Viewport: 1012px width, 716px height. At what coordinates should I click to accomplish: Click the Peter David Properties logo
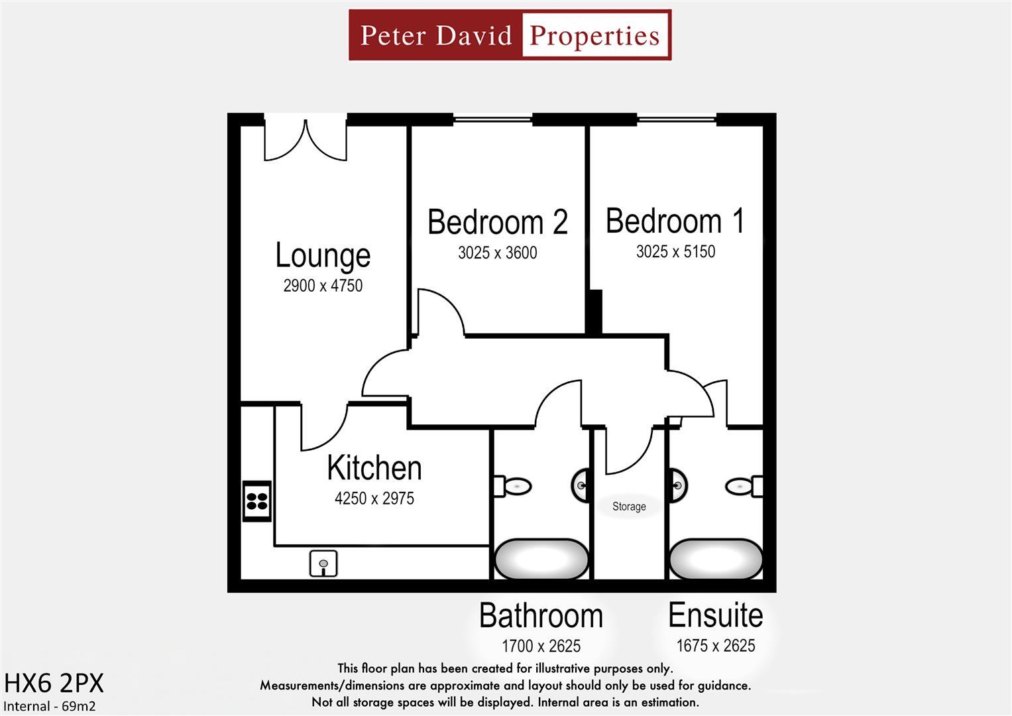pos(510,35)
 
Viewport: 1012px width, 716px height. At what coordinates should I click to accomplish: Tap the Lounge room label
pos(323,256)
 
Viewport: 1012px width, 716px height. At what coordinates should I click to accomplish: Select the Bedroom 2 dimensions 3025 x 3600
pos(497,253)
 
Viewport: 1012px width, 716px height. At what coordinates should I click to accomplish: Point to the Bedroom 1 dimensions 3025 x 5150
pos(675,251)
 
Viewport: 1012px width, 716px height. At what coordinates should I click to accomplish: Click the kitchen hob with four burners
pos(257,501)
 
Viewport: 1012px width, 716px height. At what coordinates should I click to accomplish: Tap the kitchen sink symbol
pos(323,564)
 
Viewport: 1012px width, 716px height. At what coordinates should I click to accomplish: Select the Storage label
pos(629,507)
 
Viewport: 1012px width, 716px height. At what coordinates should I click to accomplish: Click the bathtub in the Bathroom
pos(541,559)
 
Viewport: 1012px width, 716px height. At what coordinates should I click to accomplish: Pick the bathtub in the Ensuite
pos(716,559)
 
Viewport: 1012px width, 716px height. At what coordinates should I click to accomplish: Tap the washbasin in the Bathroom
pos(581,485)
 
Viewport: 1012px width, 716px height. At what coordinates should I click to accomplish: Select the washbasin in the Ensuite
pos(677,485)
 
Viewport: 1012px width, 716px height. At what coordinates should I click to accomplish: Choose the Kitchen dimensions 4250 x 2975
pos(374,498)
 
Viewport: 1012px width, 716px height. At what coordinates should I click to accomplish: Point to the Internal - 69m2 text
pos(50,706)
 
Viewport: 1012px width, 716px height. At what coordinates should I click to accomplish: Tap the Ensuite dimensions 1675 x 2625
pos(716,645)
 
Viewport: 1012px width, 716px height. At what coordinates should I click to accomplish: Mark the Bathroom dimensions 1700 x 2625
pos(541,645)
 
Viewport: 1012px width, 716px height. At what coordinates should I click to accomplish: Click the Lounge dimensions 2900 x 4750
pos(323,286)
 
